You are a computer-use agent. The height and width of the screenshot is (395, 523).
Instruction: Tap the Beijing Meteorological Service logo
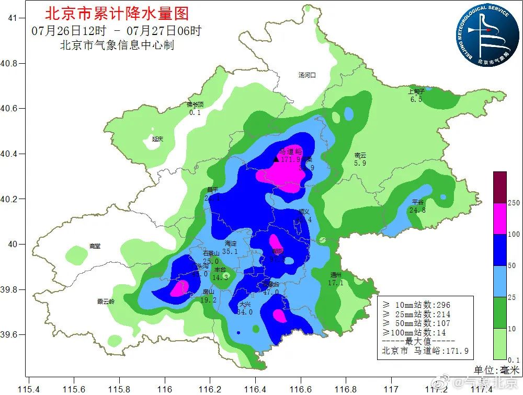[483, 34]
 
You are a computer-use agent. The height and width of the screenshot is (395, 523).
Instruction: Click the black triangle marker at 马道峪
[276, 159]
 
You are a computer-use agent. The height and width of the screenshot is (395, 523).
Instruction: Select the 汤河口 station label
[307, 75]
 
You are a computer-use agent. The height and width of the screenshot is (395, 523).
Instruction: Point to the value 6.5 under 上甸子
[416, 99]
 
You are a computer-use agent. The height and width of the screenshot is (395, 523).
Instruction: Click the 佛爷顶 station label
[195, 104]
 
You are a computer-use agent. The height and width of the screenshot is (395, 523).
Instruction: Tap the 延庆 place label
[157, 139]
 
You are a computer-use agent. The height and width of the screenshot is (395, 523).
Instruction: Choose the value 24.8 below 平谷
[417, 210]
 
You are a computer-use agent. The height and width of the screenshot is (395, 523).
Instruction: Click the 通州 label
[336, 275]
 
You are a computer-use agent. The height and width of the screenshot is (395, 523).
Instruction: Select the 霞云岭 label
[106, 301]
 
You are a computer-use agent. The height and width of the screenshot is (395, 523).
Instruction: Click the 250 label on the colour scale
[514, 203]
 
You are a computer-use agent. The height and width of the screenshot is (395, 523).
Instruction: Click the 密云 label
[360, 155]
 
